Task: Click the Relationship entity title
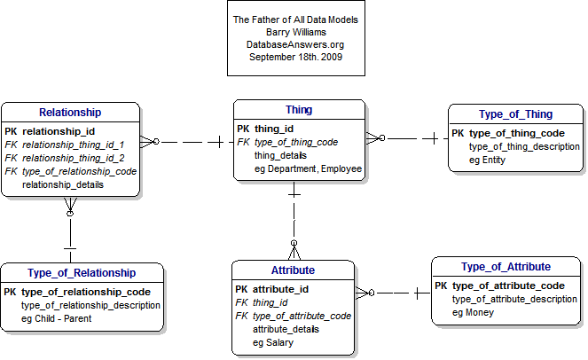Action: click(70, 113)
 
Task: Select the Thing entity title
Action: click(299, 110)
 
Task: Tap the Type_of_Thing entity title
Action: click(515, 114)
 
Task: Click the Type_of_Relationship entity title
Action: click(82, 273)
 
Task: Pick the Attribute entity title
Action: click(293, 270)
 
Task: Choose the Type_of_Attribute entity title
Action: click(506, 267)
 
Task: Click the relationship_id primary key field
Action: click(59, 131)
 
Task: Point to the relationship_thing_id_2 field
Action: click(73, 158)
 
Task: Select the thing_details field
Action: click(280, 156)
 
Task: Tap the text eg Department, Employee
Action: click(308, 168)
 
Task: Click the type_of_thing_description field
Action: click(524, 146)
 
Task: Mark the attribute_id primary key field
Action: click(280, 289)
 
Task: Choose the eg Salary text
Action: click(273, 343)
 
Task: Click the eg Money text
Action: click(473, 313)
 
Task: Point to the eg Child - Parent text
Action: click(56, 318)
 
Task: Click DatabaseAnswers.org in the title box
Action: click(295, 44)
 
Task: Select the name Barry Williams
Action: click(296, 32)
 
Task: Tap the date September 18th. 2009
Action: click(295, 57)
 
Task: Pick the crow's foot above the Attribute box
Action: click(294, 250)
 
